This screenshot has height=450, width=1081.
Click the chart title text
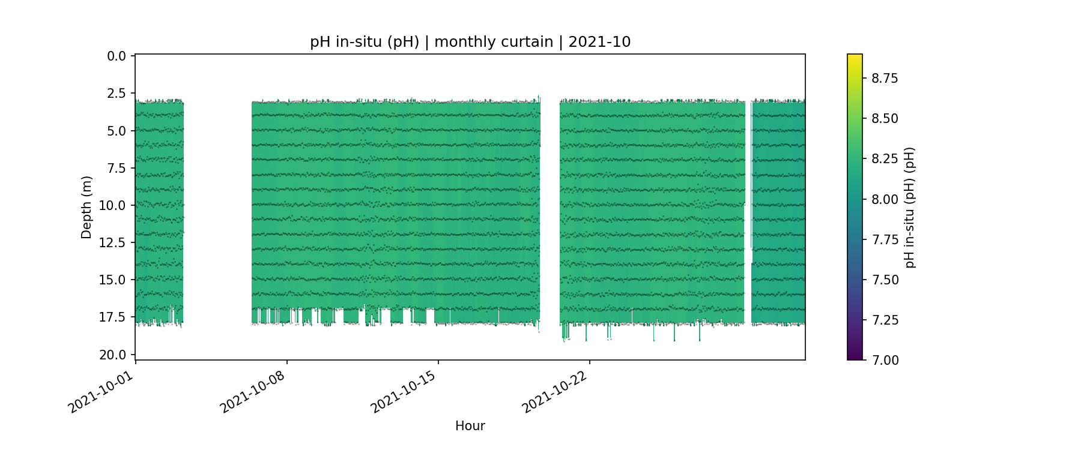point(470,42)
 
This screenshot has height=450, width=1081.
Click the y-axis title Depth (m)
point(86,207)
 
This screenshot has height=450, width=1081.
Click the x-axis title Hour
point(470,426)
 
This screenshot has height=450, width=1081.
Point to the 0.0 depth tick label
point(117,56)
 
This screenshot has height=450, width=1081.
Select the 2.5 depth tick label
point(117,94)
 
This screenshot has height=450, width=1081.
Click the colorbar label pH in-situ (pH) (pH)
point(910,207)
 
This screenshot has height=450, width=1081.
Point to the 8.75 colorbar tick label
point(885,79)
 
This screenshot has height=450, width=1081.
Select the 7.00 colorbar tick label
point(885,360)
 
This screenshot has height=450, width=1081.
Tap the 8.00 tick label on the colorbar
point(885,199)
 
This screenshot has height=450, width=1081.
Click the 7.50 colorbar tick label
point(885,280)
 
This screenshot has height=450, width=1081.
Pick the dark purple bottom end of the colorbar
point(855,358)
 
